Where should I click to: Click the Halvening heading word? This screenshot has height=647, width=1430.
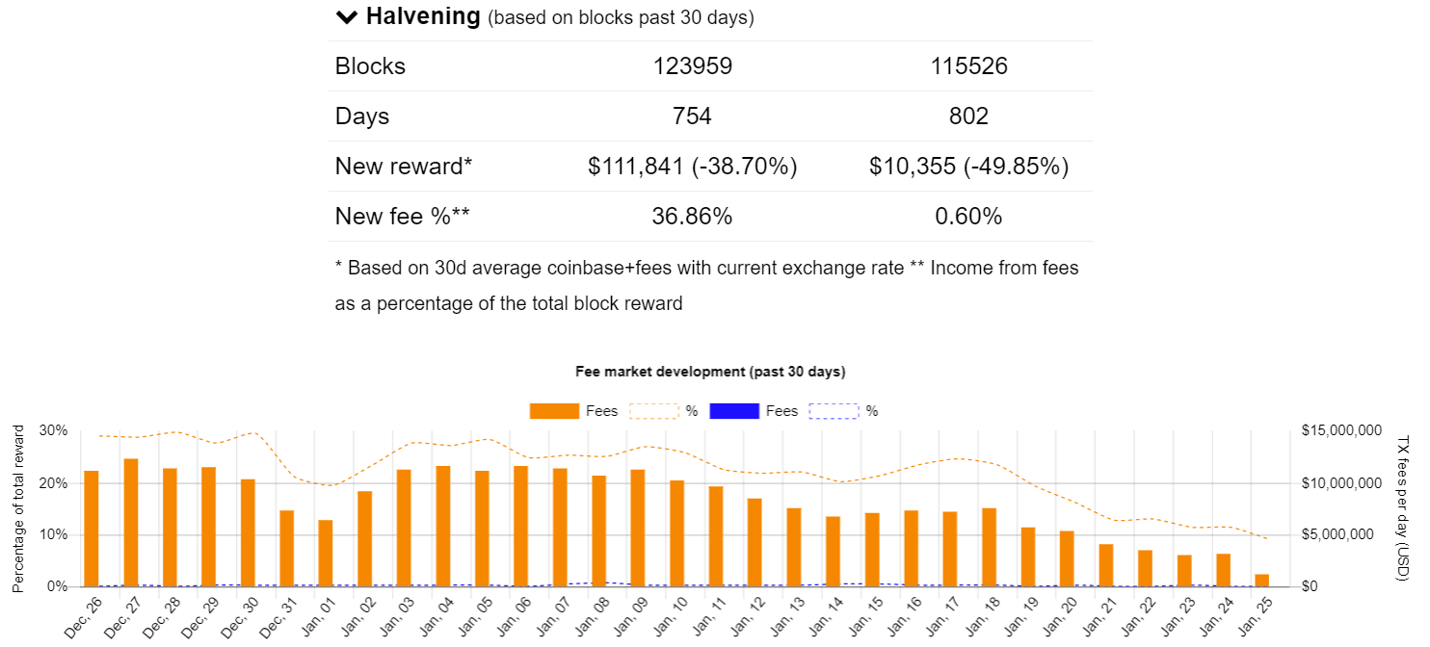click(x=422, y=16)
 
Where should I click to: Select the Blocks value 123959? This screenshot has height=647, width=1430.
click(x=692, y=66)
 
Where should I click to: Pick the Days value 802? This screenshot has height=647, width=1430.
click(x=968, y=116)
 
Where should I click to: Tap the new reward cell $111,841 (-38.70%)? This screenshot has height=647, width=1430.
click(x=692, y=167)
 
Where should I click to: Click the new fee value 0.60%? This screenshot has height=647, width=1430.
click(x=968, y=217)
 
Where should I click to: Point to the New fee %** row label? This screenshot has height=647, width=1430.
click(x=402, y=217)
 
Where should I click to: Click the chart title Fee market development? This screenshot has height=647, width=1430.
click(x=709, y=371)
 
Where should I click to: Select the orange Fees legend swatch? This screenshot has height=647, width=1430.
click(x=554, y=411)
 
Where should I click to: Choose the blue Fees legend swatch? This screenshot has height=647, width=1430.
click(x=734, y=411)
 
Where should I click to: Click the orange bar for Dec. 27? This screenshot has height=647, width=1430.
click(x=131, y=523)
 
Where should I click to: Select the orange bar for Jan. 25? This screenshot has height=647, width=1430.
click(x=1261, y=581)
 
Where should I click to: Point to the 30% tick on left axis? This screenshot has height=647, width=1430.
click(x=54, y=430)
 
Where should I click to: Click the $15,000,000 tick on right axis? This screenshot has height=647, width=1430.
click(x=1342, y=430)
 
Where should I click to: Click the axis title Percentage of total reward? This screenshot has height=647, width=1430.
click(x=18, y=508)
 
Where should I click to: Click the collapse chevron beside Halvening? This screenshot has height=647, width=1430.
click(x=346, y=17)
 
